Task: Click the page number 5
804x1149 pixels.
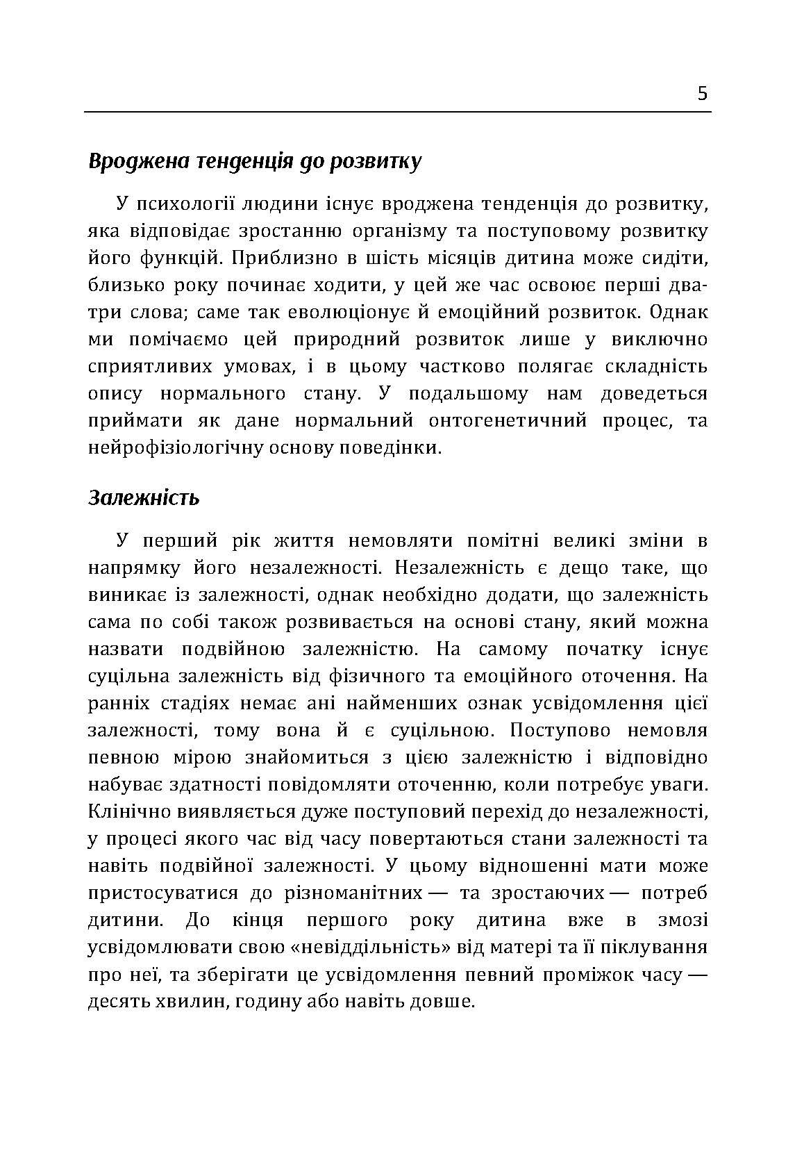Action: coord(703,94)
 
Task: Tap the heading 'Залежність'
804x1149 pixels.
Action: coord(144,497)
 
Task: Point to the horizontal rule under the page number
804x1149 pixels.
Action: coord(398,112)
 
